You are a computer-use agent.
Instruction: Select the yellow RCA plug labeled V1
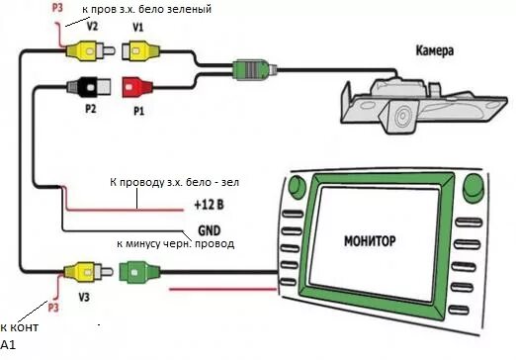click(137, 55)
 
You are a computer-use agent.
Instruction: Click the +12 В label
click(211, 207)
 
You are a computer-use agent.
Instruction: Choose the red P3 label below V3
click(54, 309)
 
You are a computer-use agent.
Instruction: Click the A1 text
click(9, 345)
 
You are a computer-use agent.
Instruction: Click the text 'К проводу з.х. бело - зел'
click(176, 184)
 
